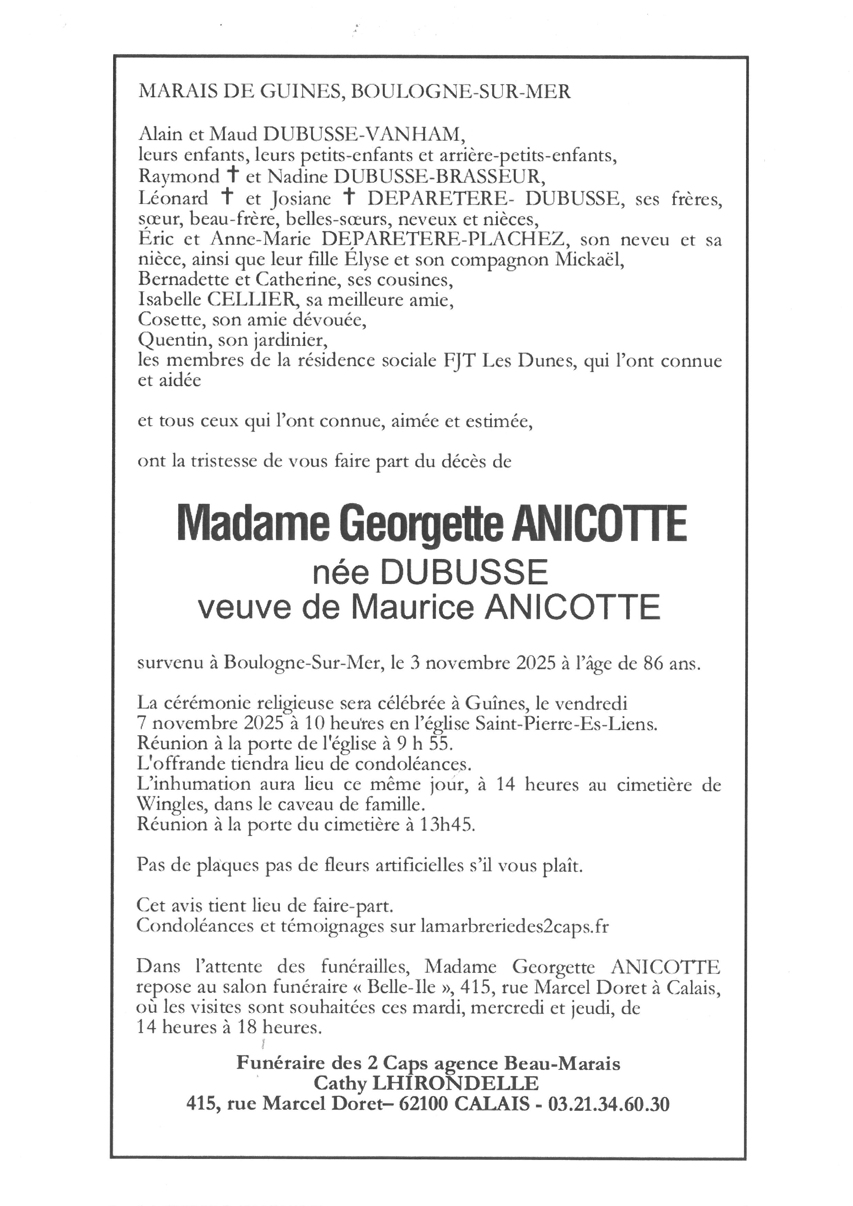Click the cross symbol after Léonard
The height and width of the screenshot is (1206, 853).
pos(227,197)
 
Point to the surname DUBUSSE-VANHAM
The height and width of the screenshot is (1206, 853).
pos(364,135)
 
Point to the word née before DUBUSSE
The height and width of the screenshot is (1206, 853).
pos(341,573)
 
